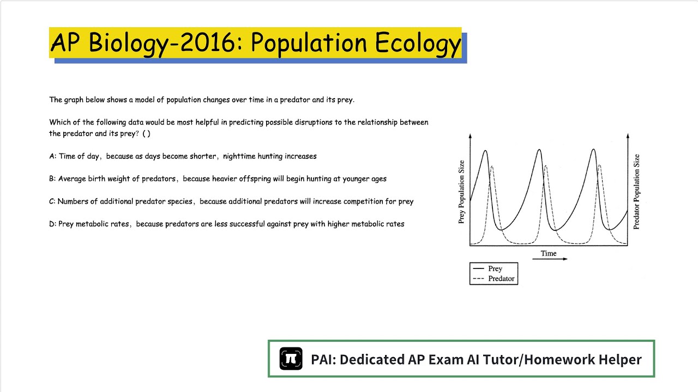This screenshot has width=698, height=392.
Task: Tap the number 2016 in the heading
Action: [207, 44]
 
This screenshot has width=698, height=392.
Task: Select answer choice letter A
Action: [52, 156]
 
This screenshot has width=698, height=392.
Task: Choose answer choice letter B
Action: [52, 179]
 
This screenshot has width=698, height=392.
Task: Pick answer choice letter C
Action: [52, 201]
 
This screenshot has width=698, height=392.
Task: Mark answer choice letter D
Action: [52, 224]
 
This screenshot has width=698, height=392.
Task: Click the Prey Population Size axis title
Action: [462, 192]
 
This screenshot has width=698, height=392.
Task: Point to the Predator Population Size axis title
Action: [636, 192]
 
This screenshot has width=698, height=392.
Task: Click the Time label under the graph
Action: [549, 253]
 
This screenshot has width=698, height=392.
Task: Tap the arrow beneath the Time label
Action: [549, 259]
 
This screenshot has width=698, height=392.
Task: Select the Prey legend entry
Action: [495, 268]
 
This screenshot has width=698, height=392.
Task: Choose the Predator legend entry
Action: [501, 279]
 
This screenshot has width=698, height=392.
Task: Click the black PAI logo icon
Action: [291, 359]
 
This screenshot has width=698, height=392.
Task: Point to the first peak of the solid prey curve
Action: [485, 151]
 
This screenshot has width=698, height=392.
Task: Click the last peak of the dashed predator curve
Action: [599, 165]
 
